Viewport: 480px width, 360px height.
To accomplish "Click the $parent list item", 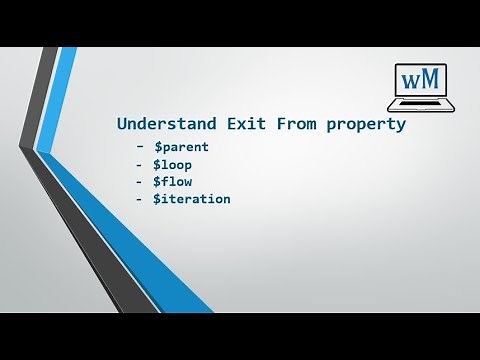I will coord(181,148).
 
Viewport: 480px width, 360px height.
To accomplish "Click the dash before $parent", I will coord(137,148).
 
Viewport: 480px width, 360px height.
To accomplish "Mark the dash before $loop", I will coord(137,165).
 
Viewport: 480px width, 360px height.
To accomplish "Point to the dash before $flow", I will coord(137,182).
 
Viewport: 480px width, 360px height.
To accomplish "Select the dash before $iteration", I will coord(137,199).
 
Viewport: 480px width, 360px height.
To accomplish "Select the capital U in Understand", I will coord(122,126).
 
